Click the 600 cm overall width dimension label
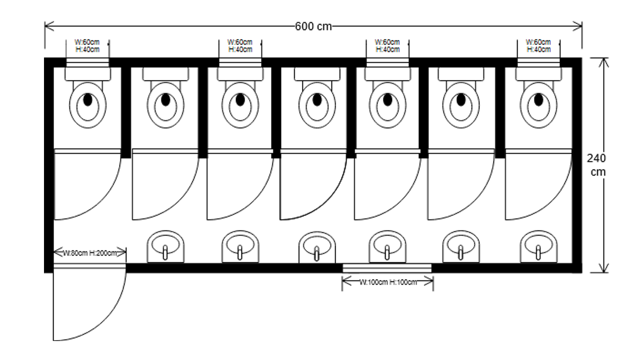[313, 26]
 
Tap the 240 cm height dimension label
[597, 165]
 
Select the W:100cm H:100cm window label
[388, 282]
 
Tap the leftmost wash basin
[166, 246]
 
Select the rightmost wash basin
[538, 246]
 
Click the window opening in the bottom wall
[387, 268]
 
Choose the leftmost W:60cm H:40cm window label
[87, 45]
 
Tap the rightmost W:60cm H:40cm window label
[538, 45]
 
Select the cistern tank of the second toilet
[165, 74]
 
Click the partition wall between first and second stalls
[126, 110]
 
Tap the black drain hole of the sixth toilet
[461, 100]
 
